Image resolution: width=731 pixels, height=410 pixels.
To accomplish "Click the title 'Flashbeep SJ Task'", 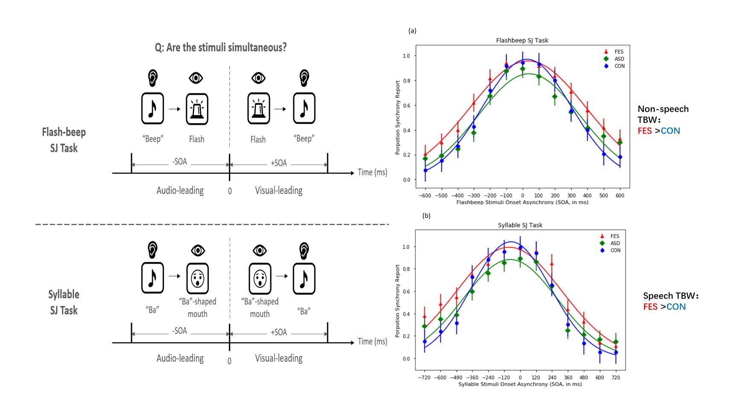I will point(522,40).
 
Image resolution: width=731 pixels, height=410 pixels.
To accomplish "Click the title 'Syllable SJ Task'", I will point(520,225).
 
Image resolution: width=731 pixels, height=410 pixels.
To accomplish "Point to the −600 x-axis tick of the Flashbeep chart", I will point(425,196).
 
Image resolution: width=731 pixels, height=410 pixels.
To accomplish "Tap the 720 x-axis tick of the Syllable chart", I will point(616,378).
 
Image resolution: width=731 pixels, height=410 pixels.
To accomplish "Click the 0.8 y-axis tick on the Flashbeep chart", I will point(406,81).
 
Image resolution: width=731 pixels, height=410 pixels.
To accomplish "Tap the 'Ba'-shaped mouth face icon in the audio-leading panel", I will point(197,278).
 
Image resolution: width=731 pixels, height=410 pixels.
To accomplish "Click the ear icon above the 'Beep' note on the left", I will point(152,78).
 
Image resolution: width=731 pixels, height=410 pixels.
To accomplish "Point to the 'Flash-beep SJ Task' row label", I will point(64,140).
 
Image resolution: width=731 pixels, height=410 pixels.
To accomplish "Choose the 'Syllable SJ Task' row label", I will point(64,302).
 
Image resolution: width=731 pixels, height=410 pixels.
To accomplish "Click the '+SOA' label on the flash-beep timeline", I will point(279,163).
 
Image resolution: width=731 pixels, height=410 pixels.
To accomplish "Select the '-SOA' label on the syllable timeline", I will point(180,331).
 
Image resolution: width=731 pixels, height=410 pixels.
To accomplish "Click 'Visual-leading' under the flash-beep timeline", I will point(278,190).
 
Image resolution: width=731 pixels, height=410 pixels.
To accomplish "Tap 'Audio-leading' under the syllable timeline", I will point(180,358).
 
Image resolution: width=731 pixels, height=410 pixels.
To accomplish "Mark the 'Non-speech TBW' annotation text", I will point(663,114).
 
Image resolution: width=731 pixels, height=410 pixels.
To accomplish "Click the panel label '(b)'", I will point(426,216).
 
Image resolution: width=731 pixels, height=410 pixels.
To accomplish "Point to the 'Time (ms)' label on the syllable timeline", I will point(372,342).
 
